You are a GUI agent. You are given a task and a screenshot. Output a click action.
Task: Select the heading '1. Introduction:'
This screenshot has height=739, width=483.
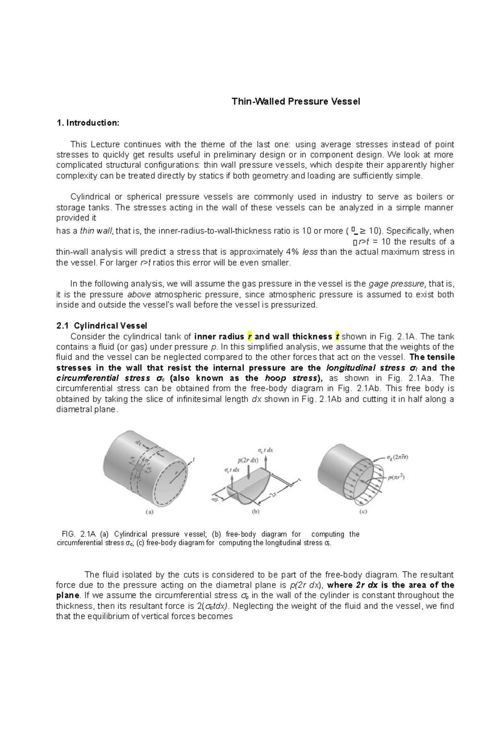point(88,123)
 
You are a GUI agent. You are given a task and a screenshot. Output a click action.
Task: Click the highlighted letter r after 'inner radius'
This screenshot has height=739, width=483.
point(250,337)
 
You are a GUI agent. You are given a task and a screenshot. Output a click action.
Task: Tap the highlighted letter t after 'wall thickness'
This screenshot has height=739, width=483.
point(337,337)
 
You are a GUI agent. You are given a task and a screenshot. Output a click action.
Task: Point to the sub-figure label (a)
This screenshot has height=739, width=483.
point(149,513)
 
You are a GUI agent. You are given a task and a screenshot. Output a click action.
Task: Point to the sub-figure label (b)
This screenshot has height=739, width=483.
point(255,512)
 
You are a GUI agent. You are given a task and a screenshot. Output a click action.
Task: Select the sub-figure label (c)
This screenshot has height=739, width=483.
point(363,512)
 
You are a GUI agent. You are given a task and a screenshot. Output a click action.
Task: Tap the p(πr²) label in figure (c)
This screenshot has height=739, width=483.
point(396,478)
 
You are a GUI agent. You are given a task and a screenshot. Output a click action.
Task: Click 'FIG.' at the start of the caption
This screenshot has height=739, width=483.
point(68,534)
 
